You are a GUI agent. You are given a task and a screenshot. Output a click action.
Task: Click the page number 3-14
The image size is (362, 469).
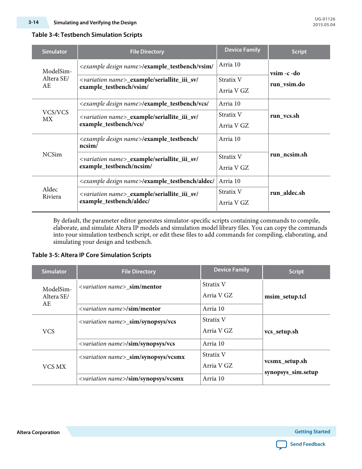pos(33,22)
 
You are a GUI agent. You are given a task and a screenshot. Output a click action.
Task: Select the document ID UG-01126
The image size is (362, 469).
pos(325,19)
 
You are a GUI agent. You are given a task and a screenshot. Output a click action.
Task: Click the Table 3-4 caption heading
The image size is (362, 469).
pos(87,35)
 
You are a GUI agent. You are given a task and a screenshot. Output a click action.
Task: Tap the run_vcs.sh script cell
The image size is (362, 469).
pos(285,116)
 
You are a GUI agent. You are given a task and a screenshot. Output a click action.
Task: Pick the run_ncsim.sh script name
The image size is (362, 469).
pos(288,155)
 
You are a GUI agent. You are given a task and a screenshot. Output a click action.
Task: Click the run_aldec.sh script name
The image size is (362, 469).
pos(287,193)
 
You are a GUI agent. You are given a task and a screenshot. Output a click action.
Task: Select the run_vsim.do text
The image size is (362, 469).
pos(287,84)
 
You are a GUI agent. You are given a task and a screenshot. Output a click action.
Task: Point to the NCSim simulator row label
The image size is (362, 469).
pos(52,155)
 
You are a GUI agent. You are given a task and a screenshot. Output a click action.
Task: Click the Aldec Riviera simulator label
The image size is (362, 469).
pos(52,193)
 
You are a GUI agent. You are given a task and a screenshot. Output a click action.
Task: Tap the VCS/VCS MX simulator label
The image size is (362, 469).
pos(55,116)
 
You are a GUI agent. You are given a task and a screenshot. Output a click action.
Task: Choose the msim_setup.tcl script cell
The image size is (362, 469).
pos(285,297)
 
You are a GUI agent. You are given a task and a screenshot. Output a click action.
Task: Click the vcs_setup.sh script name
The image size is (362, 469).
pos(281,332)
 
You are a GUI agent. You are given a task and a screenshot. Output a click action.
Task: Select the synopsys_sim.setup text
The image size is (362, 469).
pos(291,372)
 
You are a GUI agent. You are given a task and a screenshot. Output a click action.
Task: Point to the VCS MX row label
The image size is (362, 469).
pos(54,367)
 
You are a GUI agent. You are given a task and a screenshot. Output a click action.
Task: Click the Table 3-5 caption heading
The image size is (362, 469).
pos(91,255)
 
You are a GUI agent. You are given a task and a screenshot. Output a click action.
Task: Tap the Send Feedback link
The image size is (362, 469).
pos(307,444)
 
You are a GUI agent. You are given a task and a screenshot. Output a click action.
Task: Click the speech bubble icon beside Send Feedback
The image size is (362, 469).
pos(282,445)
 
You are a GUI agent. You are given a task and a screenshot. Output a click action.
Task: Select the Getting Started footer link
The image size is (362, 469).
pos(312,432)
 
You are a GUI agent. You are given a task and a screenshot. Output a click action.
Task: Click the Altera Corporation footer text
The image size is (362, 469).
pos(38,433)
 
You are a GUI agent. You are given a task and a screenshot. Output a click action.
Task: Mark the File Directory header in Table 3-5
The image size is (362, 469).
pos(139,272)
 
